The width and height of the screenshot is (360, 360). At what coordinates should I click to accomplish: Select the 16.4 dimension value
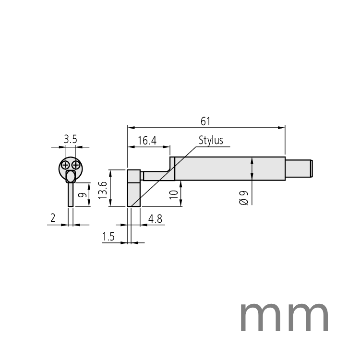[x=147, y=141]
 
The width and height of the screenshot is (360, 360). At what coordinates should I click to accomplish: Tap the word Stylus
[x=211, y=140]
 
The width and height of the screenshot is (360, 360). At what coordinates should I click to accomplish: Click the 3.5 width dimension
[x=71, y=139]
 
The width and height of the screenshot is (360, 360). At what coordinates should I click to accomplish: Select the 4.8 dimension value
[x=156, y=219]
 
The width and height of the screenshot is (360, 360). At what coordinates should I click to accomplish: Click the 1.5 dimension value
[x=108, y=237]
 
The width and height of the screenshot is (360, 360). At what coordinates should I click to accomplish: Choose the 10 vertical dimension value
[x=174, y=194]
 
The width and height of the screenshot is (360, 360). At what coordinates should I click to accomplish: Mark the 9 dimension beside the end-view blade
[x=83, y=195]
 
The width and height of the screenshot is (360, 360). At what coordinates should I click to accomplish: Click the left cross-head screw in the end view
[x=65, y=166]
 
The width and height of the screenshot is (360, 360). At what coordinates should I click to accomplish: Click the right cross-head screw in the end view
[x=75, y=166]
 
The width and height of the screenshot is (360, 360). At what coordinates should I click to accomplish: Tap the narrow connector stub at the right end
[x=299, y=168]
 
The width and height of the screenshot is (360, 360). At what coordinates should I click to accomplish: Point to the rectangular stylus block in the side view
[x=134, y=188]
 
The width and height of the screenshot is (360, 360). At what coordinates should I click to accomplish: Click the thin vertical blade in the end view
[x=71, y=194]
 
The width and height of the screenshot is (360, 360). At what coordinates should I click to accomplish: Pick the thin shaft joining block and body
[x=156, y=176]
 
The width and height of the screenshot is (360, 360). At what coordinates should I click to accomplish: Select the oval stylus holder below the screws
[x=71, y=177]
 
